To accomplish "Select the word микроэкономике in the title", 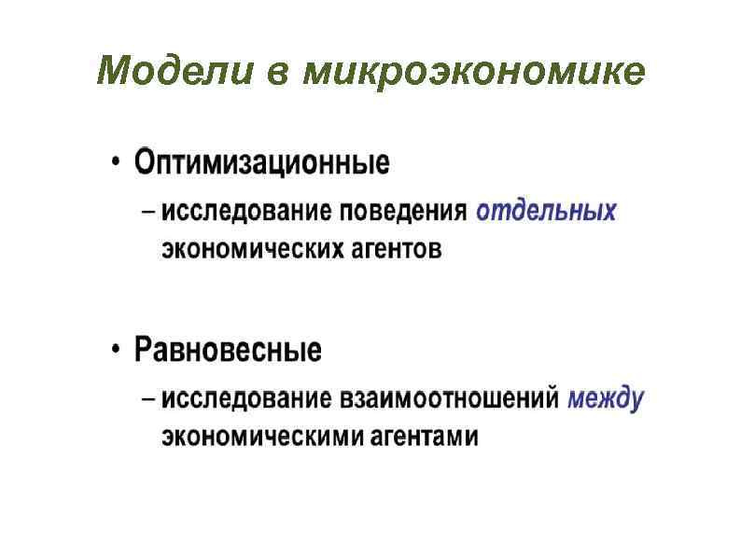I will click(x=474, y=74).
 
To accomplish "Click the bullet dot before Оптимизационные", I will click(x=115, y=164).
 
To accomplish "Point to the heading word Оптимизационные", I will click(x=261, y=163).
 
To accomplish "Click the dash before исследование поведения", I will click(x=149, y=212).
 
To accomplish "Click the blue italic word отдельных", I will click(x=546, y=212).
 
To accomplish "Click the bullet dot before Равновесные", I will click(x=115, y=352).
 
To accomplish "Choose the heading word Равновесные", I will click(x=228, y=351).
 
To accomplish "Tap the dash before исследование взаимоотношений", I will click(x=149, y=399).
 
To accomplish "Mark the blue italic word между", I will click(x=606, y=399).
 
